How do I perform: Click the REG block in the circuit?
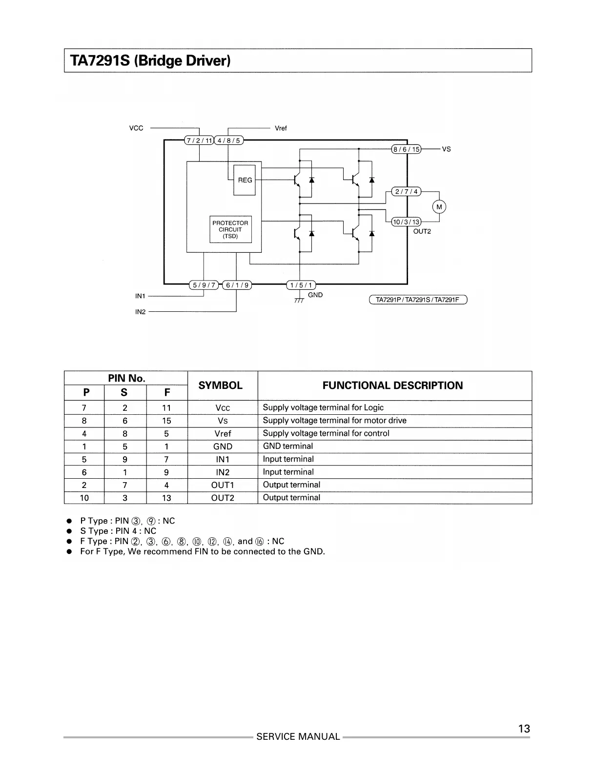click(x=245, y=180)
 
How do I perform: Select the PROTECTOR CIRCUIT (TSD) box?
click(x=230, y=229)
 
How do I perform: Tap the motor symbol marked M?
click(x=439, y=207)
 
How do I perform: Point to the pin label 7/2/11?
click(x=199, y=141)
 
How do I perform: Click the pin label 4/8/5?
click(x=229, y=141)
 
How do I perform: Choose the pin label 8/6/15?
click(x=407, y=149)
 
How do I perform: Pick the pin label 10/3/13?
click(x=407, y=222)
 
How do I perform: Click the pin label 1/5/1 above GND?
click(x=301, y=285)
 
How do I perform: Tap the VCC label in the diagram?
click(x=136, y=128)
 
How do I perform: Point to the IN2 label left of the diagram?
click(x=140, y=311)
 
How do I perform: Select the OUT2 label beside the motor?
click(x=422, y=231)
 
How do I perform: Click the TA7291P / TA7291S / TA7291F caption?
click(x=418, y=300)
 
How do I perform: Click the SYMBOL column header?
click(x=221, y=386)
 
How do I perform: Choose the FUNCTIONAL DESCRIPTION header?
click(x=392, y=386)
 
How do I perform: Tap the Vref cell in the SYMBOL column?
click(x=223, y=433)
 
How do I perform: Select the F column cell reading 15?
click(x=166, y=421)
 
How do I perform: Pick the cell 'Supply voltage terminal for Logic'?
click(x=323, y=407)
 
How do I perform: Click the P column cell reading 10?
click(x=84, y=498)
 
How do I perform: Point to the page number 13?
click(x=524, y=729)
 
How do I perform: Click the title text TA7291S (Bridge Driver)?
click(x=150, y=61)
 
